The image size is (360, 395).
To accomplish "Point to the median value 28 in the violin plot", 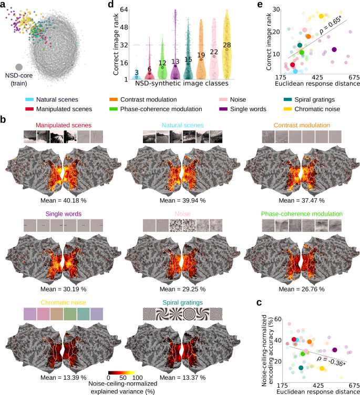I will tap(227, 46).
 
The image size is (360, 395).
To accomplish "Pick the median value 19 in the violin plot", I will tap(201, 55).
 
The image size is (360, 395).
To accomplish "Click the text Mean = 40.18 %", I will tap(64, 200).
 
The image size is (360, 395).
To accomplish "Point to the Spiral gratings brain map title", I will tap(181, 302).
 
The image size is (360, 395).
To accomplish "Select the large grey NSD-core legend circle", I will tap(19, 67).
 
